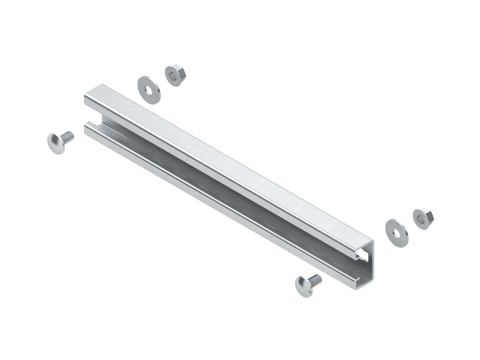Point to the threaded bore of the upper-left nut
tap(172, 77)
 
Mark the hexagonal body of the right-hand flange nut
tap(424, 216)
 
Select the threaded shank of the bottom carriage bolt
tap(315, 278)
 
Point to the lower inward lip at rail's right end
tap(364, 277)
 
